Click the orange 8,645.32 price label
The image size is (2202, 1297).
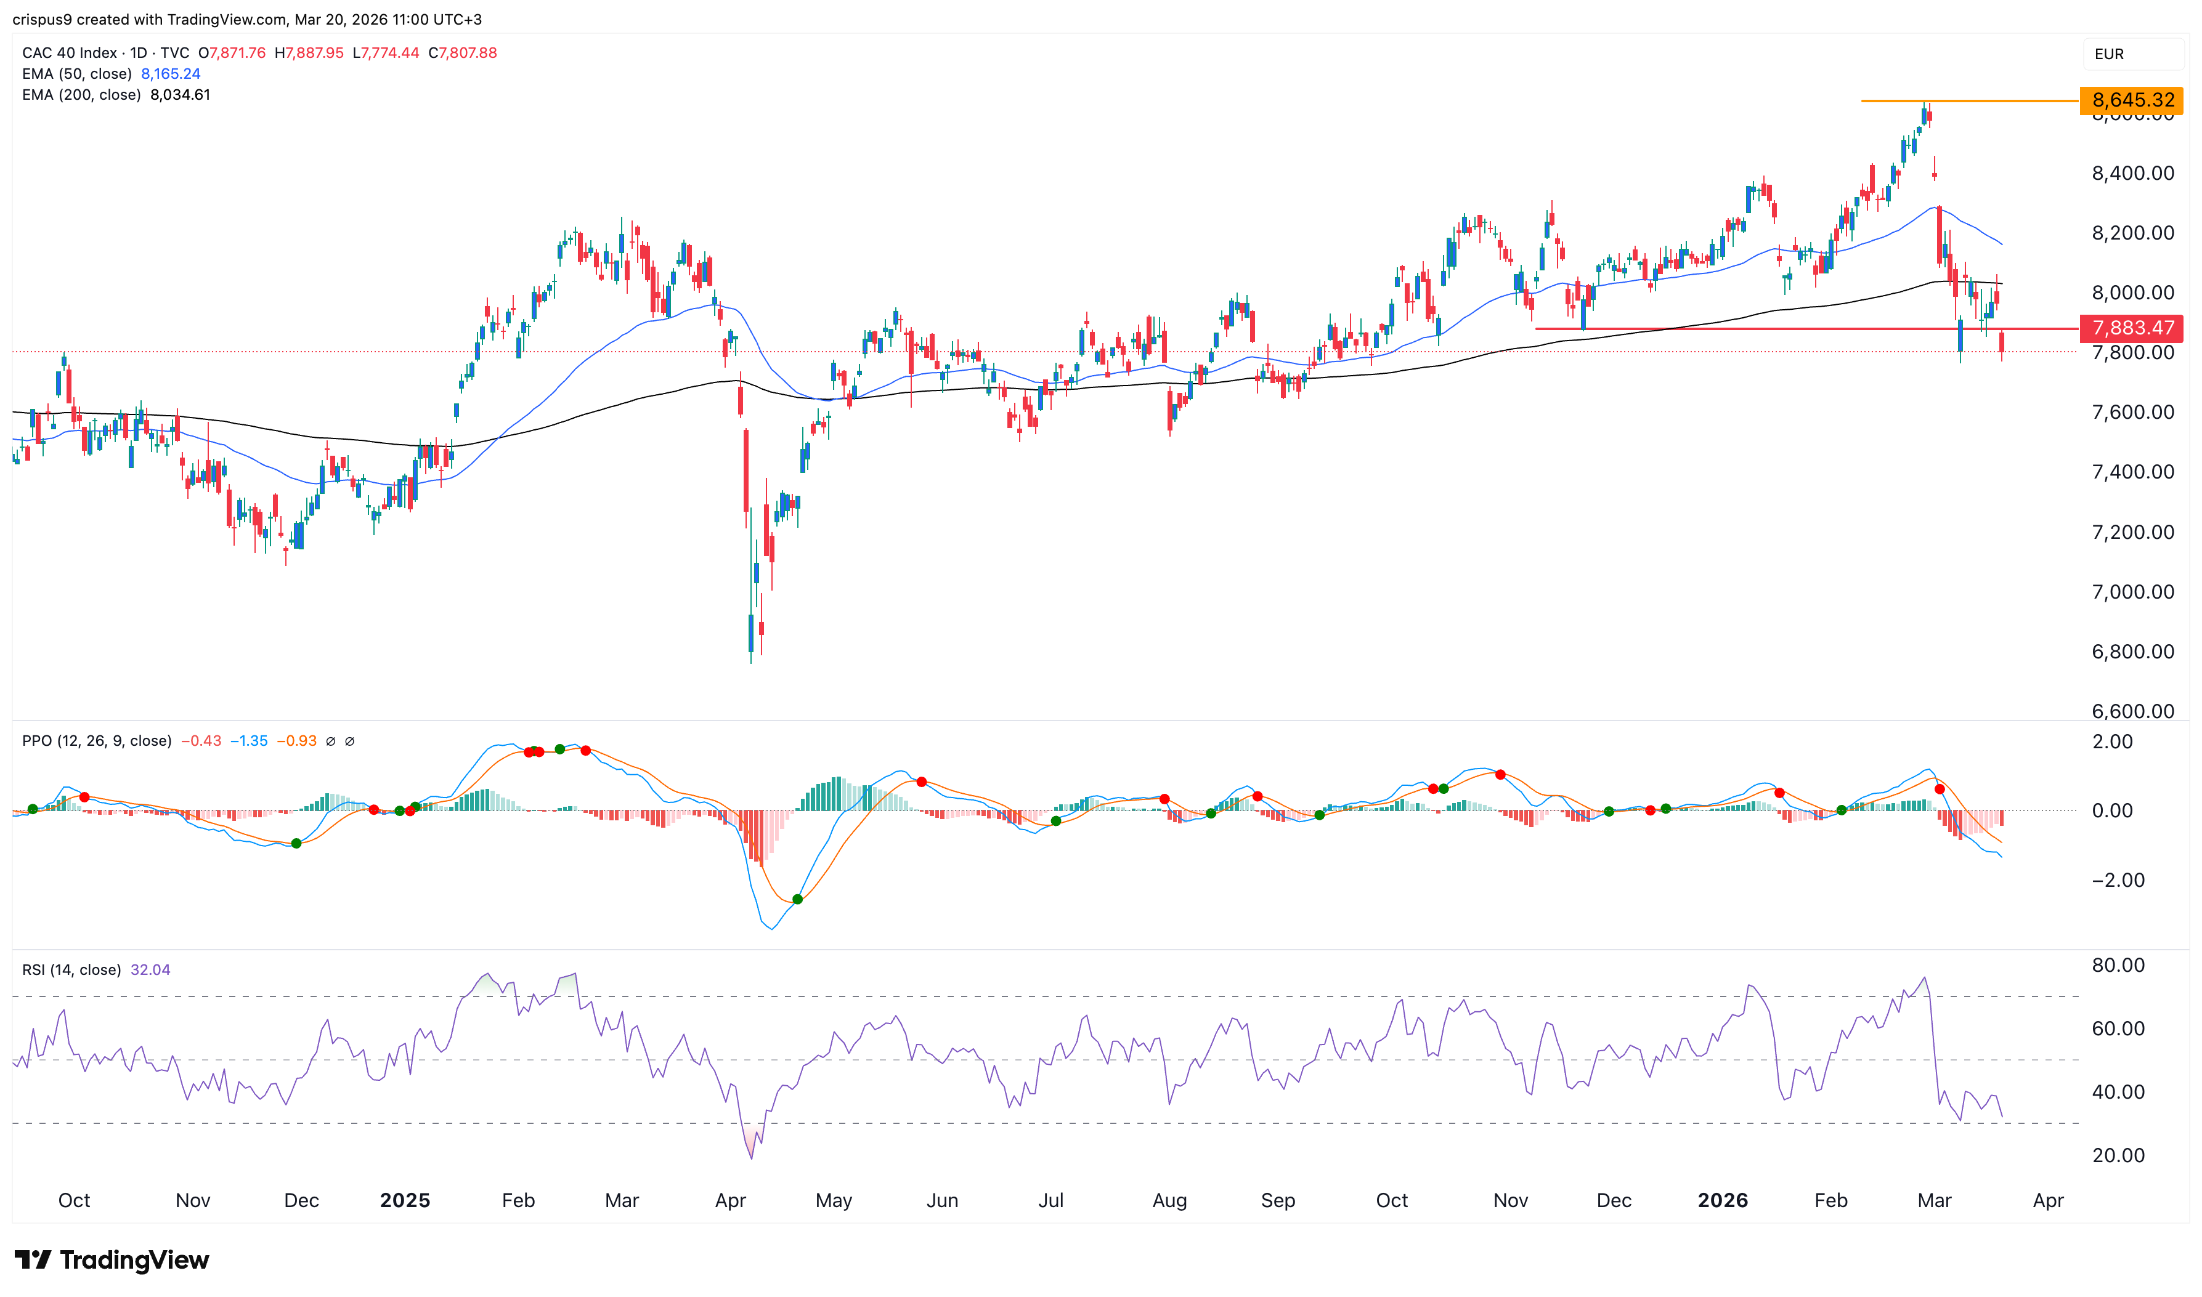click(x=2131, y=100)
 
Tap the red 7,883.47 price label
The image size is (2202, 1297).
click(x=2131, y=328)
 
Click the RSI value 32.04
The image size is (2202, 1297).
click(x=150, y=969)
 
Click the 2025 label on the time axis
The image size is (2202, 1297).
click(x=405, y=1200)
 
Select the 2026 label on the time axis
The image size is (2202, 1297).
click(x=1722, y=1200)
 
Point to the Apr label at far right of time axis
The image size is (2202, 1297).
click(x=2048, y=1200)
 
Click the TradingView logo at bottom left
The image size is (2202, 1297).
click(x=112, y=1259)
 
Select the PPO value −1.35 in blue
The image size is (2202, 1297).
click(x=249, y=741)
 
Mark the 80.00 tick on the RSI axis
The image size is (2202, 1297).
click(x=2118, y=965)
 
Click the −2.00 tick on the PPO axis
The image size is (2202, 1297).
click(x=2118, y=880)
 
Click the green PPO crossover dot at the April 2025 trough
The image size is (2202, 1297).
click(x=797, y=899)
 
